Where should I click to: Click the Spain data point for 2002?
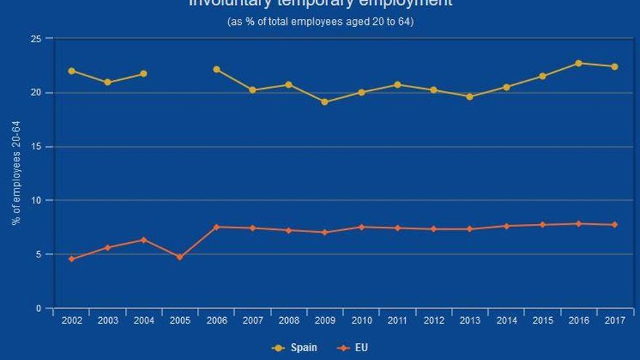(x=71, y=71)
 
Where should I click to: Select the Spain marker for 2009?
(x=324, y=102)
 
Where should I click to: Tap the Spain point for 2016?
(x=578, y=63)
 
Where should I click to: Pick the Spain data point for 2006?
(x=216, y=69)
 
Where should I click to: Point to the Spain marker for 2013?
(x=469, y=96)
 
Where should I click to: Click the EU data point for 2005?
(x=180, y=257)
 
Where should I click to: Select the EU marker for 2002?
(x=71, y=259)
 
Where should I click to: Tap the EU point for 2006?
(x=216, y=227)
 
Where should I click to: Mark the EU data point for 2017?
(x=615, y=225)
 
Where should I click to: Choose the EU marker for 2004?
(x=143, y=240)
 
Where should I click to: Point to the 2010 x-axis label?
(x=361, y=321)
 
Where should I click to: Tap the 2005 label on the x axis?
(x=180, y=321)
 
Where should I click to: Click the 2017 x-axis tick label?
(x=615, y=321)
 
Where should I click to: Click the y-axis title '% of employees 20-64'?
(x=16, y=174)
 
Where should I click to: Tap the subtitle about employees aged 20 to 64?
(x=321, y=22)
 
